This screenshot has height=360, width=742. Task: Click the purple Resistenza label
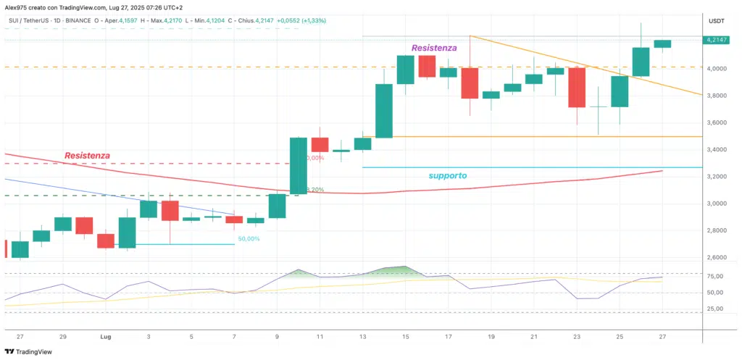pyautogui.click(x=434, y=48)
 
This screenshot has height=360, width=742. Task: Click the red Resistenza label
pyautogui.click(x=87, y=156)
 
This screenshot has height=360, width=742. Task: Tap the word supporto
pyautogui.click(x=446, y=176)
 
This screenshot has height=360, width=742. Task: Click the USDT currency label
pyautogui.click(x=715, y=22)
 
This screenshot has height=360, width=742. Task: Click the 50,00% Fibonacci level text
pyautogui.click(x=249, y=238)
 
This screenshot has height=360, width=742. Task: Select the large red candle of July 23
pyautogui.click(x=577, y=87)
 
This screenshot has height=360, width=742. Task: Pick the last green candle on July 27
pyautogui.click(x=662, y=44)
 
